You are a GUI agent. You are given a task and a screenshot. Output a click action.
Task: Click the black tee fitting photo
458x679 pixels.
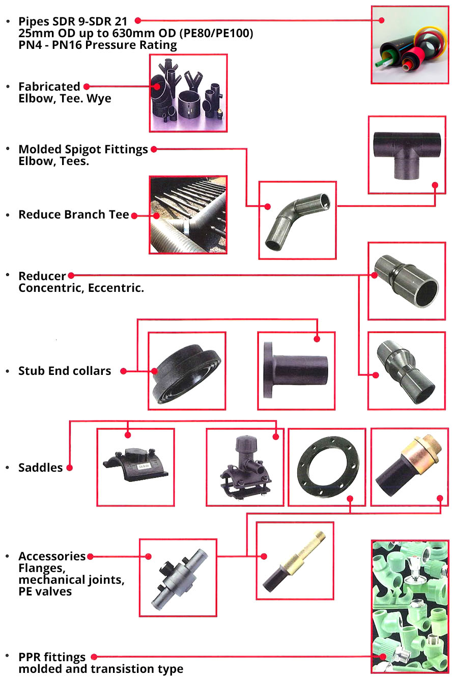407,155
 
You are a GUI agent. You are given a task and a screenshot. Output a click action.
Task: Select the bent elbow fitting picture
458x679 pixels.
298,220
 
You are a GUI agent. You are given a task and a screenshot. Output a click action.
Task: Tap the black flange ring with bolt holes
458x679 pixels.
327,467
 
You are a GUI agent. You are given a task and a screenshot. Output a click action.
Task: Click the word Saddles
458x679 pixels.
41,468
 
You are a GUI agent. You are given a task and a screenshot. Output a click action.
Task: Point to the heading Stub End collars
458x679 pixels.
65,371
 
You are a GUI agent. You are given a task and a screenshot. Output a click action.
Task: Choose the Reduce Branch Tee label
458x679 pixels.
74,215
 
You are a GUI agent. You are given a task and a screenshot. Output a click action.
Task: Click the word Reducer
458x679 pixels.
42,276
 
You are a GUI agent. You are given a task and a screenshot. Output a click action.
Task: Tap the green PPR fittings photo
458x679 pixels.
410,606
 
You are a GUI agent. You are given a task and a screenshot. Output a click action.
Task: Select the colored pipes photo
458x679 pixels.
410,45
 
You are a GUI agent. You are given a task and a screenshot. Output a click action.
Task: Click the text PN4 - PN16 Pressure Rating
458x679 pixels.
98,45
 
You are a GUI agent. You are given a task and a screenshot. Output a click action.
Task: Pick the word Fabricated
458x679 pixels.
49,87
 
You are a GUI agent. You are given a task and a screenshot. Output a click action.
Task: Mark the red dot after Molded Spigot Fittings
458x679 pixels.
154,149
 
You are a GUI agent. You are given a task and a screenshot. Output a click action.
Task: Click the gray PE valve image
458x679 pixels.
178,578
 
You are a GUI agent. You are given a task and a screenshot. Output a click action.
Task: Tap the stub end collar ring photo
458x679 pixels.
187,371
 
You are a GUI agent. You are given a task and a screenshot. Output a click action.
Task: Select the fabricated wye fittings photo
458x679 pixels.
188,93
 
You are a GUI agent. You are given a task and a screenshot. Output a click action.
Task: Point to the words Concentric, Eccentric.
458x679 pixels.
81,288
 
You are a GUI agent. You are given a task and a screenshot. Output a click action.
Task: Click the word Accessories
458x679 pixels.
52,556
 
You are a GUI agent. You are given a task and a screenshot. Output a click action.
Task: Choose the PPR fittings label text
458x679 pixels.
52,657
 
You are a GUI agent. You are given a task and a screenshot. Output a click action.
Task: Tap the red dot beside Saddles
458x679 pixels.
69,468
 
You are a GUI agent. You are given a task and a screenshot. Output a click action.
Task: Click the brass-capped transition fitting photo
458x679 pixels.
410,467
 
